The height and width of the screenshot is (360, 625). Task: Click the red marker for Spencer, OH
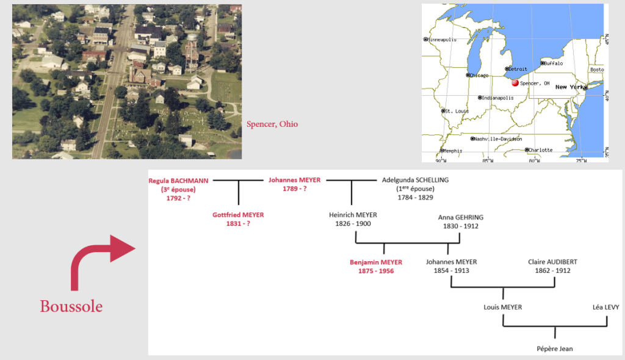[515, 82]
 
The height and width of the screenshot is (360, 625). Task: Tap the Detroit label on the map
[518, 69]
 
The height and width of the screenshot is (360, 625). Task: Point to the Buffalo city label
[553, 63]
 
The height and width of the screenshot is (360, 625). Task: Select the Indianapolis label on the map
[498, 98]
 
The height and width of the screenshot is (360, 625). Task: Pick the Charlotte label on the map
[541, 150]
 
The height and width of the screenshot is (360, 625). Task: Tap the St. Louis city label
[457, 111]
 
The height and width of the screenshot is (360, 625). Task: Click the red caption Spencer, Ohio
[272, 124]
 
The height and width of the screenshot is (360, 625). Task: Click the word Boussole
[71, 306]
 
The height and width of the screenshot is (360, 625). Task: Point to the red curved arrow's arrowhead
[122, 248]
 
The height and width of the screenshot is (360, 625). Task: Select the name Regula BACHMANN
[178, 181]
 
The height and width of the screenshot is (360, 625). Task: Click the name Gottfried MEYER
[238, 215]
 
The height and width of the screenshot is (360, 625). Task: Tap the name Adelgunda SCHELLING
[415, 180]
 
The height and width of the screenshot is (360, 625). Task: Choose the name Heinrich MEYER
[353, 215]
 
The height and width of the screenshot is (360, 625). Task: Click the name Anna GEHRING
[461, 217]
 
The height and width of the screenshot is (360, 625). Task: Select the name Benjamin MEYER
[376, 262]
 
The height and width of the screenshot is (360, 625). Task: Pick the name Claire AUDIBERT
[552, 262]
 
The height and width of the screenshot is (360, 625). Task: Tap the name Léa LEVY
[606, 307]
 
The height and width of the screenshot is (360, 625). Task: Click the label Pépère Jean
[555, 349]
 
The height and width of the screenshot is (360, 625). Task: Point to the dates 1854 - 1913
[452, 271]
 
